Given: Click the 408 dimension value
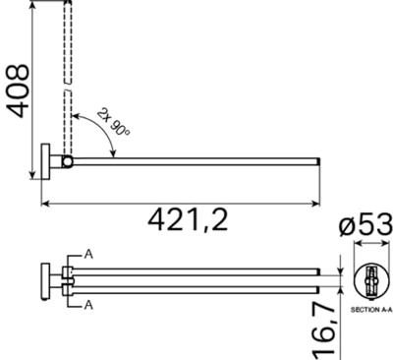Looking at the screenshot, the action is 19,90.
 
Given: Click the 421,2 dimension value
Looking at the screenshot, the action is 188,219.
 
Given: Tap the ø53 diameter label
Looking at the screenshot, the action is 365,224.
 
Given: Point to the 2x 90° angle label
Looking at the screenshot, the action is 113,122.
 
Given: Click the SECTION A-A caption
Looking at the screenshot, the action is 370,309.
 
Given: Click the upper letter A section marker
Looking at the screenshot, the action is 88,255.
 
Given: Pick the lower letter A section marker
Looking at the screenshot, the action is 88,305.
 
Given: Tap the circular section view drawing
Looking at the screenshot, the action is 372,281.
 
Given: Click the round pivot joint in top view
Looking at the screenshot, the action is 68,161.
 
